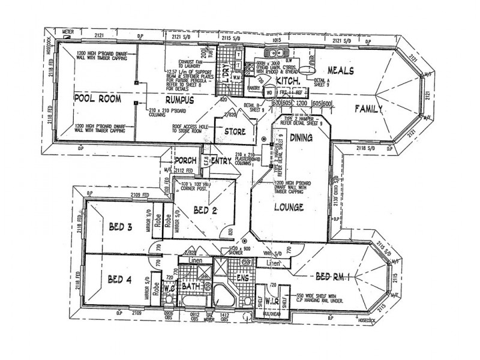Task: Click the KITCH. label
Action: (x=287, y=80)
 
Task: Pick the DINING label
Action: (x=301, y=137)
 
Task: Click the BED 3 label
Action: (x=121, y=227)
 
